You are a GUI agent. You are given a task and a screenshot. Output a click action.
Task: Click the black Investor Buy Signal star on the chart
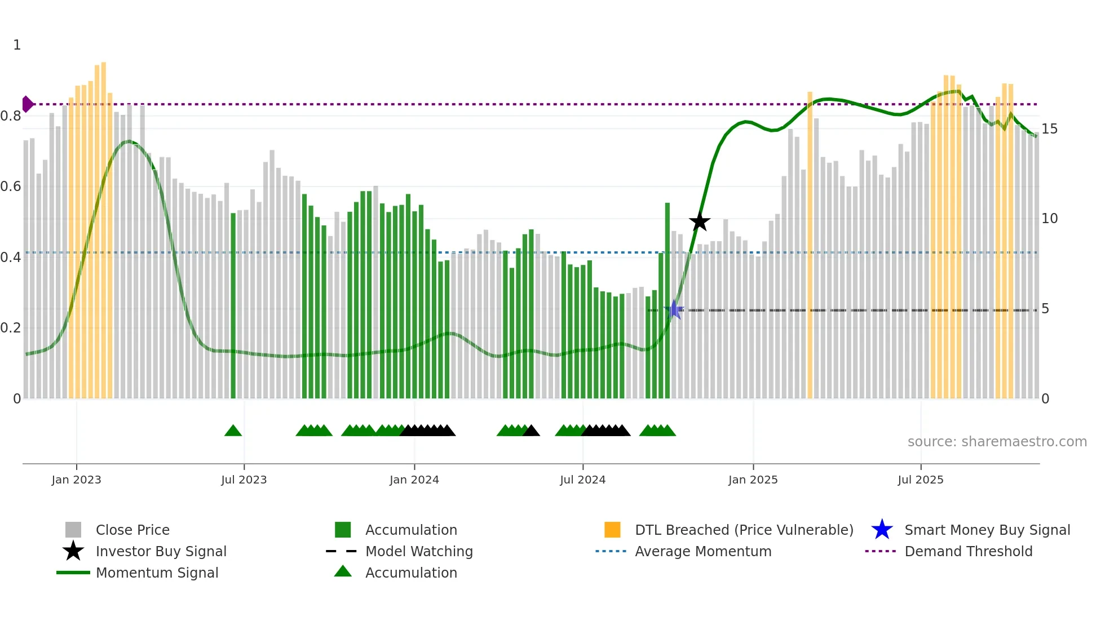pos(699,221)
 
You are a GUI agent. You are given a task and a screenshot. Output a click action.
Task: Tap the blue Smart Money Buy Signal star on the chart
pos(674,309)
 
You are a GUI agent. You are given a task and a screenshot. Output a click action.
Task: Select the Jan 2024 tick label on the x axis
pos(414,480)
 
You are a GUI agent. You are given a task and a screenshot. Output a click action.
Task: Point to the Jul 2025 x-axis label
pos(920,480)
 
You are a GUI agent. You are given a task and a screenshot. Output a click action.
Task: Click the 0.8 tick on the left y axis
pos(11,116)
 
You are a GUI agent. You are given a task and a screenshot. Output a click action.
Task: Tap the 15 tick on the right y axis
pos(1049,129)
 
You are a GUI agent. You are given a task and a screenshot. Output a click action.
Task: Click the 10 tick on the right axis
pos(1049,219)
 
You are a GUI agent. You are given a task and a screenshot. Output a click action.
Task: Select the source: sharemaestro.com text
pos(997,442)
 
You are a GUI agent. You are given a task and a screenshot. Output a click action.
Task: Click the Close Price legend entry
pos(132,530)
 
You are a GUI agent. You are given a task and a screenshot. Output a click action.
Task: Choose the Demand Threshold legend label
pos(968,551)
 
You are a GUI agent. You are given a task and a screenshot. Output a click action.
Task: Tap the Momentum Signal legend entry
pos(157,573)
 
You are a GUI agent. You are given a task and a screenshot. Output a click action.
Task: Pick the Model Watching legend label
pos(419,551)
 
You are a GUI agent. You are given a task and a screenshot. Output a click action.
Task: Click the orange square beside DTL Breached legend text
pos(612,530)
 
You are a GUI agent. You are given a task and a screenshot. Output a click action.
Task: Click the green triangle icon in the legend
pos(343,571)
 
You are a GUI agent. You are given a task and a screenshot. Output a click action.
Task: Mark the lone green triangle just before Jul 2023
pos(233,431)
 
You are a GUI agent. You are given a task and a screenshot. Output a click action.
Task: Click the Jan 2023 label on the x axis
pos(76,480)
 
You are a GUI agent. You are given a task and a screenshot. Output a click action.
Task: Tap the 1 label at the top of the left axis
pos(17,45)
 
